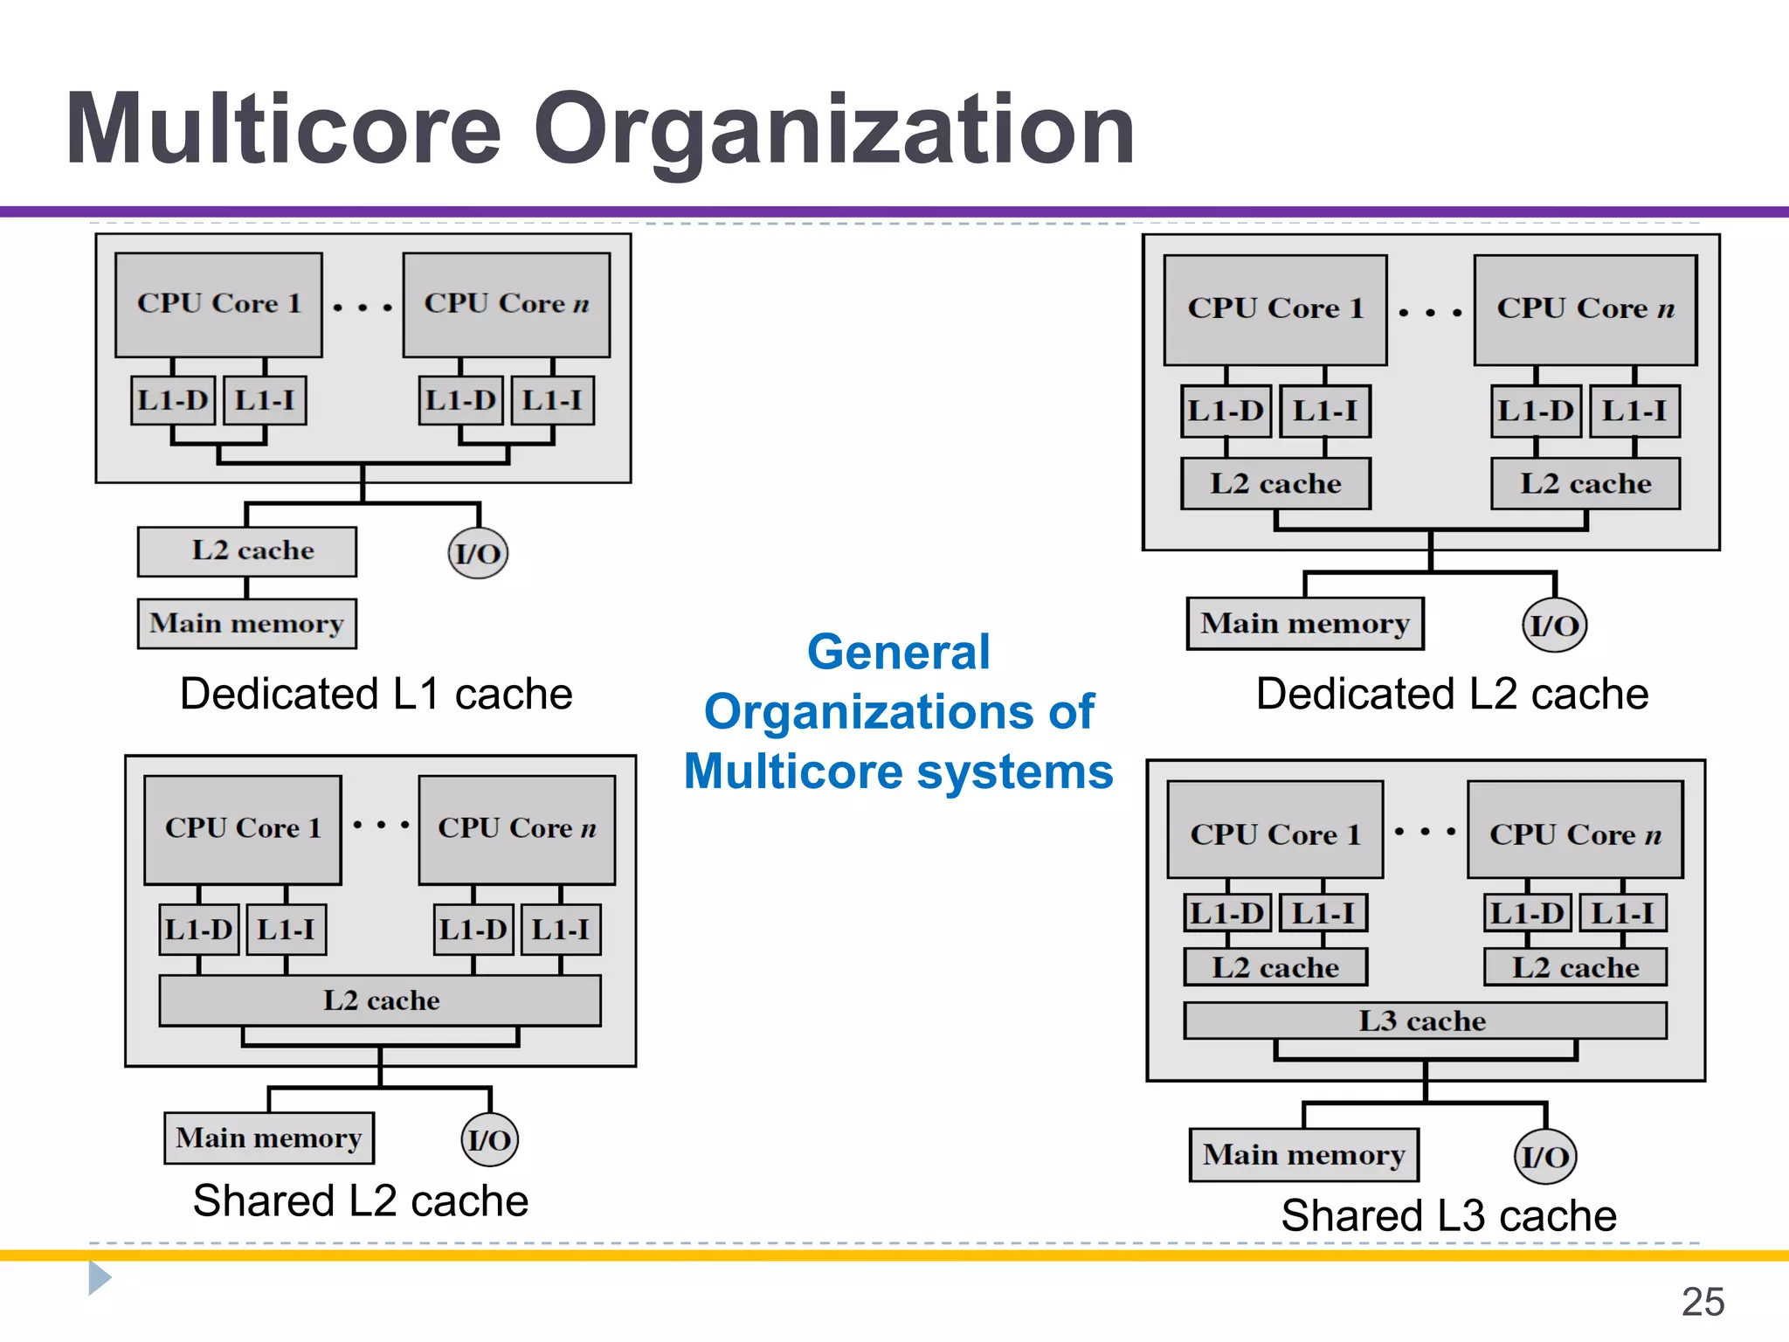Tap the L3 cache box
pyautogui.click(x=1424, y=1020)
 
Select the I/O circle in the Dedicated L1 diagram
pyautogui.click(x=478, y=553)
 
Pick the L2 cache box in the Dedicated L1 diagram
pyautogui.click(x=247, y=551)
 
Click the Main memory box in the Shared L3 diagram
pyautogui.click(x=1303, y=1155)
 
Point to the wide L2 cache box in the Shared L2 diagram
pyautogui.click(x=380, y=1000)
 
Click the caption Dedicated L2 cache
pyautogui.click(x=1452, y=694)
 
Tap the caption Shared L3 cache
pyautogui.click(x=1448, y=1215)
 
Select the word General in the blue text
pyautogui.click(x=898, y=652)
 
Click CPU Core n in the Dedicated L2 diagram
pyautogui.click(x=1585, y=309)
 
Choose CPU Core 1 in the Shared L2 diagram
pyautogui.click(x=243, y=828)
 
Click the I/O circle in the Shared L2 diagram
pyautogui.click(x=489, y=1139)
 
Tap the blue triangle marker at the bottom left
pyautogui.click(x=99, y=1278)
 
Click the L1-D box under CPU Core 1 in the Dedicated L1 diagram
pyautogui.click(x=173, y=400)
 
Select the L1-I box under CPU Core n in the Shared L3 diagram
pyautogui.click(x=1622, y=913)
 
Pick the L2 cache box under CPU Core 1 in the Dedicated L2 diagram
pyautogui.click(x=1275, y=483)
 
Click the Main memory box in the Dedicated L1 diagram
pyautogui.click(x=247, y=624)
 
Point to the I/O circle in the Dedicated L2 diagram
pyautogui.click(x=1554, y=626)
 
